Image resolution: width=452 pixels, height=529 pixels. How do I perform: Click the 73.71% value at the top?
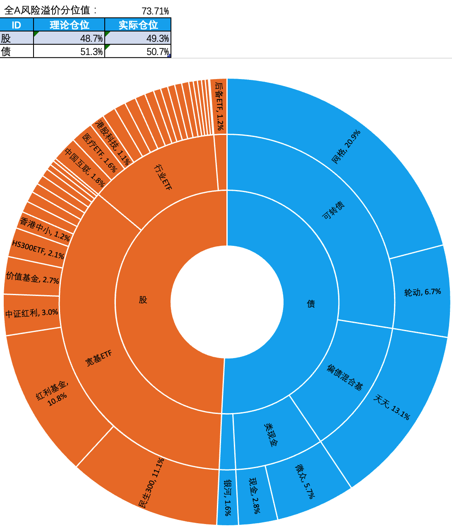click(x=155, y=11)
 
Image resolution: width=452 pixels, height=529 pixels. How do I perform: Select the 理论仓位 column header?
click(x=69, y=25)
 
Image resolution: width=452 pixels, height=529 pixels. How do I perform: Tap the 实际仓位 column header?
click(x=138, y=25)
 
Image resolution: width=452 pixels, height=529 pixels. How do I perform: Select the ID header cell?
click(x=16, y=25)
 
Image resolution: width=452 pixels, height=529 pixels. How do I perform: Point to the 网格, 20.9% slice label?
click(x=346, y=147)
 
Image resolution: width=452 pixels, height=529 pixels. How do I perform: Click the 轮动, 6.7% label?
click(x=422, y=292)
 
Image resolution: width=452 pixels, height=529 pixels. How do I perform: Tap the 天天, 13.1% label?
click(x=392, y=407)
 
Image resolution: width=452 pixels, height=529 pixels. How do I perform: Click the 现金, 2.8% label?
click(x=254, y=495)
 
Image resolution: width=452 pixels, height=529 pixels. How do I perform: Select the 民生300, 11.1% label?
click(x=151, y=483)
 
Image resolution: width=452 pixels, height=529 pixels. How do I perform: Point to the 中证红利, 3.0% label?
click(x=31, y=313)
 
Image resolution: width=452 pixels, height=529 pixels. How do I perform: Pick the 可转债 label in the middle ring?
click(x=333, y=211)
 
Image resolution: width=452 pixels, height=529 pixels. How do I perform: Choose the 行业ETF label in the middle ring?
click(x=163, y=177)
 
